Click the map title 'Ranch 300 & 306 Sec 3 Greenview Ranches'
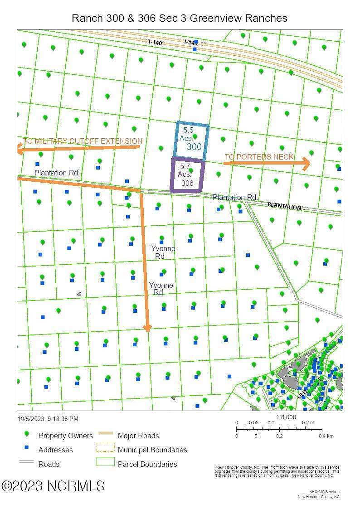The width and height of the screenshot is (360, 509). point(180,18)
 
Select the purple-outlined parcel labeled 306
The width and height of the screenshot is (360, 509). point(187,175)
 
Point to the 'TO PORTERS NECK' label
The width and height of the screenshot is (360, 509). point(259,157)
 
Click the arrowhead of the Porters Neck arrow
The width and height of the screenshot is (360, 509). point(306,164)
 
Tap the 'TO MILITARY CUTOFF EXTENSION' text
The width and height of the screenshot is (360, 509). point(83,141)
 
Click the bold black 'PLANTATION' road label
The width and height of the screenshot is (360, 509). point(284,207)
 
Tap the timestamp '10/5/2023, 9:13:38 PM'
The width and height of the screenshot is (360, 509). point(48,419)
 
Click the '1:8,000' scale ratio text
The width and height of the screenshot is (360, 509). point(286,417)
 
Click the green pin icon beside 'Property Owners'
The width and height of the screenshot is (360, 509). point(26,434)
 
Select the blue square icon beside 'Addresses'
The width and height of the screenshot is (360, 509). point(26,448)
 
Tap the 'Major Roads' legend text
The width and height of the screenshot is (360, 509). point(138,436)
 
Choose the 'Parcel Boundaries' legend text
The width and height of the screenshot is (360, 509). point(147,464)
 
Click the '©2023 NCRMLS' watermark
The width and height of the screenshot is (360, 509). point(53,486)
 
